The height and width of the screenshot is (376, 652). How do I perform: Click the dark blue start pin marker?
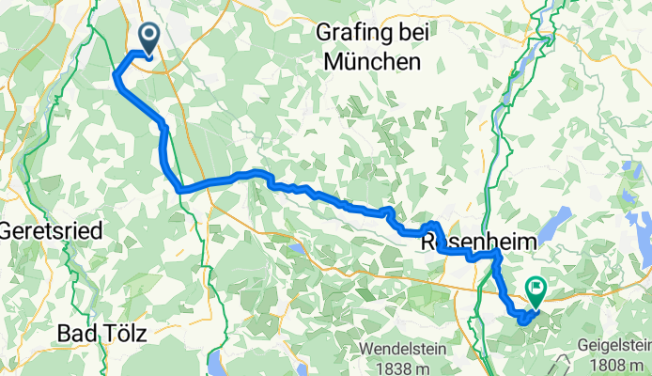click(x=149, y=37)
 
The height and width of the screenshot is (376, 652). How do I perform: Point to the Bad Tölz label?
click(x=104, y=333)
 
